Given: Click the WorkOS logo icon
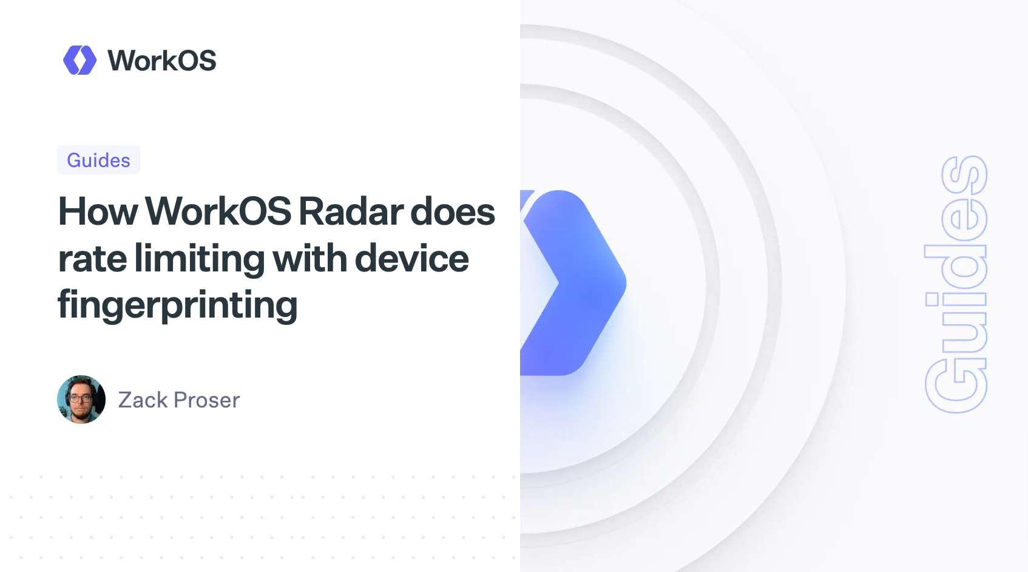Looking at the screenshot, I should tap(79, 60).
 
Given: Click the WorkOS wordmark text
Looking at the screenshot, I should tap(161, 61).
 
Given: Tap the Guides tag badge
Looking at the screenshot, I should tap(98, 160).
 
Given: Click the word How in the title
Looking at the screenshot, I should tap(98, 212).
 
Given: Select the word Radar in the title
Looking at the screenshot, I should tap(351, 212).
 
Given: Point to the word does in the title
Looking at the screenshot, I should tap(453, 212).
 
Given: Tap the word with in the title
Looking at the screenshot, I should tap(309, 259).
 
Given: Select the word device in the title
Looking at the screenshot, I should tap(411, 259).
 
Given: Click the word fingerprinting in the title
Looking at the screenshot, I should tap(177, 305).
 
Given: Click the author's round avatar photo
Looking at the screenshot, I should tap(81, 400).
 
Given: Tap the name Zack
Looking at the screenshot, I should tap(143, 400).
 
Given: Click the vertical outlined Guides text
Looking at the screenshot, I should tap(956, 284).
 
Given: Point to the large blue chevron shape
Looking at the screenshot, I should tap(573, 282).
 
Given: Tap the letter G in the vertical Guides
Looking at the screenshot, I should tap(956, 386).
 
